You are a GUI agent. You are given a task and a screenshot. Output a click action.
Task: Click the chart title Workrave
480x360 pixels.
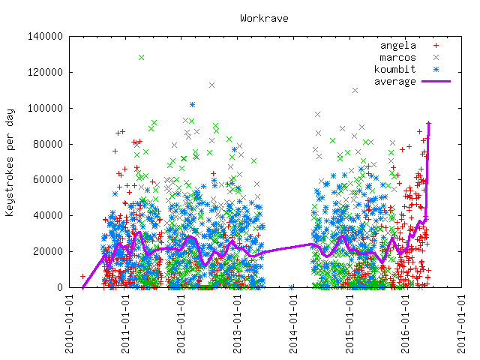tap(264, 17)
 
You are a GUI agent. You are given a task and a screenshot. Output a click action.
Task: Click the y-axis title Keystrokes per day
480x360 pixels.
tap(10, 161)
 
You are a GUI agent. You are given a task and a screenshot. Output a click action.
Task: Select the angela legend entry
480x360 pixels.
tap(397, 45)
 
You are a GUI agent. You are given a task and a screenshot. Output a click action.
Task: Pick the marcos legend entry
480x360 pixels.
tap(397, 57)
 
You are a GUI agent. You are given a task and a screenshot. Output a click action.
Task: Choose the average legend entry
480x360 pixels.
tap(394, 81)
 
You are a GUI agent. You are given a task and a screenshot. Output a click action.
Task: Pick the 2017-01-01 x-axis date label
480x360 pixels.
tap(462, 322)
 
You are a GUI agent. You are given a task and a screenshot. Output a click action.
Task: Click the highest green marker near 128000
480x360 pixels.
tap(141, 57)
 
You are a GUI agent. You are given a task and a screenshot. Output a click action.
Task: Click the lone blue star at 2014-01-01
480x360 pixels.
tap(291, 287)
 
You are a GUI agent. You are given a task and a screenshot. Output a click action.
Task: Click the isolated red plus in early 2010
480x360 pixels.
tap(82, 276)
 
